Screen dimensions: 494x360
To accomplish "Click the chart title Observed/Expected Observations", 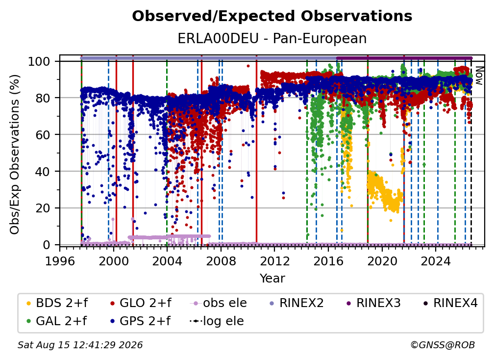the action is [x=272, y=16].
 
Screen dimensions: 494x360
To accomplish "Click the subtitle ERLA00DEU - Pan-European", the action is [x=272, y=38].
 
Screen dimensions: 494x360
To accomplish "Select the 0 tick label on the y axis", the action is [x=47, y=245].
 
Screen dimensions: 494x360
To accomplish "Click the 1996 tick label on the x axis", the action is [x=60, y=261].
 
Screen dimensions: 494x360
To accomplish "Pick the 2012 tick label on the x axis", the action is [x=274, y=261].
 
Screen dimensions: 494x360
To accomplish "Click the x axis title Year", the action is [x=272, y=279].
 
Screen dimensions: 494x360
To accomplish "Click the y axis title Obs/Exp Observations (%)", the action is [x=15, y=154].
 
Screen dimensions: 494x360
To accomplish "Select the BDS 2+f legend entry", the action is [x=57, y=303].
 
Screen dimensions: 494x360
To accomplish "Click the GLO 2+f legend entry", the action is [x=141, y=303].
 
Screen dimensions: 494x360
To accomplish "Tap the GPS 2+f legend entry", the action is [x=141, y=321].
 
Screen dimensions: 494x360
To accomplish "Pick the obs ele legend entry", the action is [x=219, y=303].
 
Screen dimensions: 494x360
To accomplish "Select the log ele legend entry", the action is [x=217, y=321].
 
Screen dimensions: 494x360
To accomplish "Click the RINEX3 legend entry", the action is [x=373, y=303].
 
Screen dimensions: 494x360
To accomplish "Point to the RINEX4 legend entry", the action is [x=450, y=303].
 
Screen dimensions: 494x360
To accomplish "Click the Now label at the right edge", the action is [x=479, y=76].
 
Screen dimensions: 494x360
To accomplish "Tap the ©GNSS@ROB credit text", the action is [x=443, y=345].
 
